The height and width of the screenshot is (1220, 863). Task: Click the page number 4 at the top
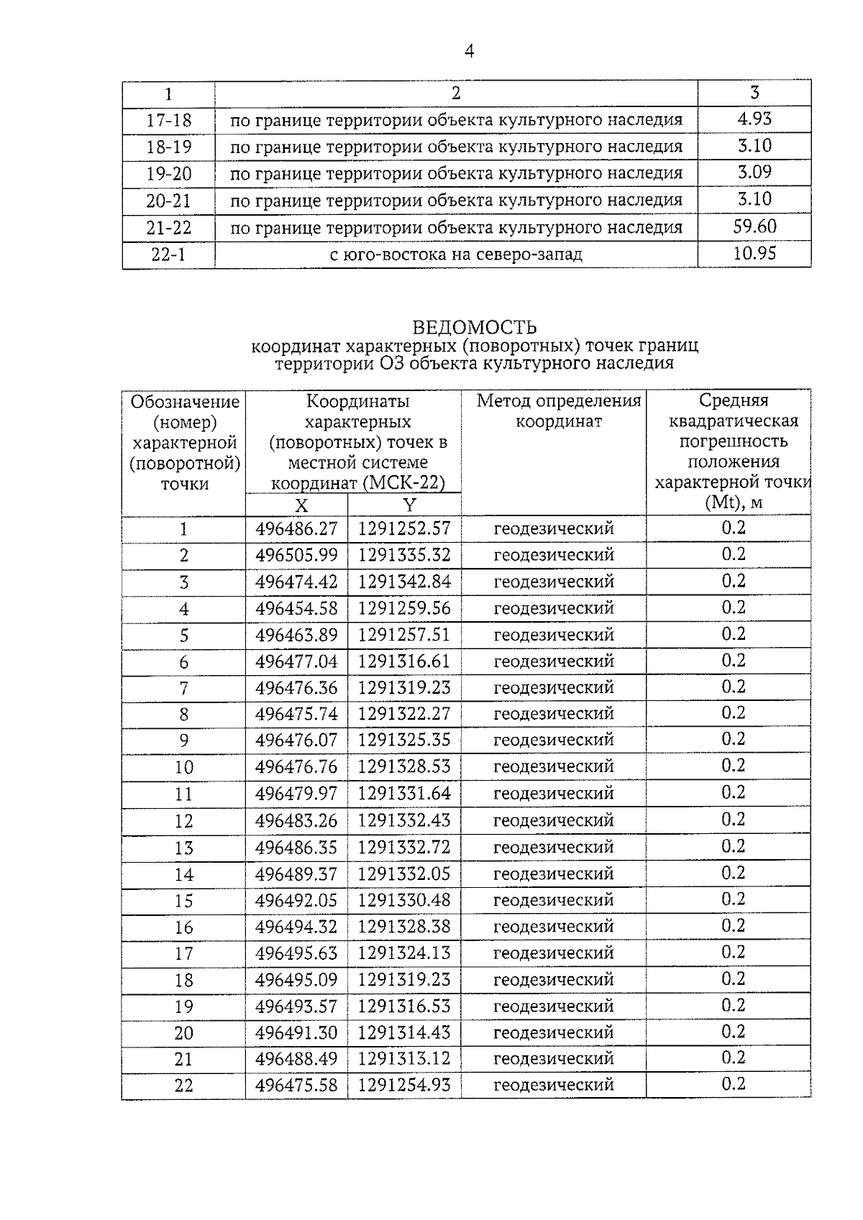click(x=469, y=52)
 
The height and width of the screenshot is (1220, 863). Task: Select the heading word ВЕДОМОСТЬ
click(x=474, y=328)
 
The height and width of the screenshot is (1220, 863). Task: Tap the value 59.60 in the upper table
click(x=754, y=226)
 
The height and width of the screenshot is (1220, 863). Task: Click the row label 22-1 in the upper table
click(x=168, y=254)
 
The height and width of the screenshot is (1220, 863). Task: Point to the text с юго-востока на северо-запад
click(x=456, y=254)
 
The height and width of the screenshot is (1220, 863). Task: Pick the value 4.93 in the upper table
click(x=754, y=119)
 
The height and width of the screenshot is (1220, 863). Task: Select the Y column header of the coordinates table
click(x=408, y=505)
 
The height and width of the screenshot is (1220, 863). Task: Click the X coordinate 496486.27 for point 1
click(x=296, y=529)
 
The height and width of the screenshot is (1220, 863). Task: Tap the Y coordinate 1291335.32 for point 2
click(x=404, y=555)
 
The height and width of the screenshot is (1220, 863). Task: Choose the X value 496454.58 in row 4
click(x=296, y=608)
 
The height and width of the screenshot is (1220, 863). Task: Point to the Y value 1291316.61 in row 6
click(x=404, y=661)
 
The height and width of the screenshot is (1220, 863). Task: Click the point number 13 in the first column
click(x=183, y=848)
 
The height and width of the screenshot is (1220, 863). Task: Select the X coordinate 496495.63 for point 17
click(x=296, y=953)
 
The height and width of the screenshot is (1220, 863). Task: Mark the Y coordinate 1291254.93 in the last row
click(x=404, y=1085)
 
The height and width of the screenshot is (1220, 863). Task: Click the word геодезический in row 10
click(x=553, y=767)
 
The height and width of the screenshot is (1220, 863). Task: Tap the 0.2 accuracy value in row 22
click(x=733, y=1084)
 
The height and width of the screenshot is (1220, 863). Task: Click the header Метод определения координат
click(x=559, y=411)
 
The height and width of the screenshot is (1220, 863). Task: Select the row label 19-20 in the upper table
click(x=168, y=174)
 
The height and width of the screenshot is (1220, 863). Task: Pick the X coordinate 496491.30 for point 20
click(x=296, y=1032)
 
